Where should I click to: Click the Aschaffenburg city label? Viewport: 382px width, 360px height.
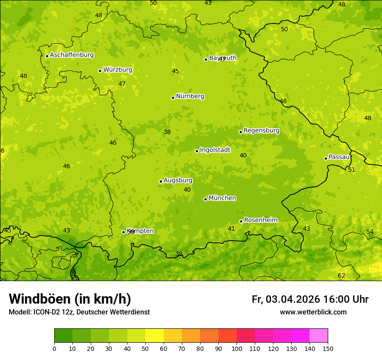[x=72, y=55]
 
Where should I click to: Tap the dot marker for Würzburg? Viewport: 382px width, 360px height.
[x=100, y=71]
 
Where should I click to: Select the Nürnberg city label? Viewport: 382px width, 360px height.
[x=190, y=96]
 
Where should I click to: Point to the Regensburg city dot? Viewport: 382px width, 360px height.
[x=240, y=132]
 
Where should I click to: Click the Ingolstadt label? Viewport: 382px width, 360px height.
[x=215, y=150]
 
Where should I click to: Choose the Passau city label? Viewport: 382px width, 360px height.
[x=339, y=157]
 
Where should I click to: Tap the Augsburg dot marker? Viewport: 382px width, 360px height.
[x=161, y=181]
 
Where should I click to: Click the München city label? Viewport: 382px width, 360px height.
[x=222, y=198]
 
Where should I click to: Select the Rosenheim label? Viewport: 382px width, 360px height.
[x=260, y=220]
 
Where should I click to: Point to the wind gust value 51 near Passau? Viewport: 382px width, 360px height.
[x=352, y=170]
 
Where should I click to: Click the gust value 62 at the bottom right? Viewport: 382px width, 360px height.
[x=342, y=276]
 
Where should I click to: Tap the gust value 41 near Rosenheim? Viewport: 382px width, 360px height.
[x=231, y=229]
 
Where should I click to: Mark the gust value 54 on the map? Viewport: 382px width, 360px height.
[x=370, y=232]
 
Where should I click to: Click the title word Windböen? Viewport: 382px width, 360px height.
[x=40, y=299]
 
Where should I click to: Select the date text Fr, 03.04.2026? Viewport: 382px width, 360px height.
[x=286, y=299]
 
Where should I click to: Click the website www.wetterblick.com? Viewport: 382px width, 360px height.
[x=313, y=312]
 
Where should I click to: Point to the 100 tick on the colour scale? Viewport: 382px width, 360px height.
[x=237, y=348]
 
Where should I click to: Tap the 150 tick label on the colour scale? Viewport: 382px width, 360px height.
[x=328, y=348]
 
